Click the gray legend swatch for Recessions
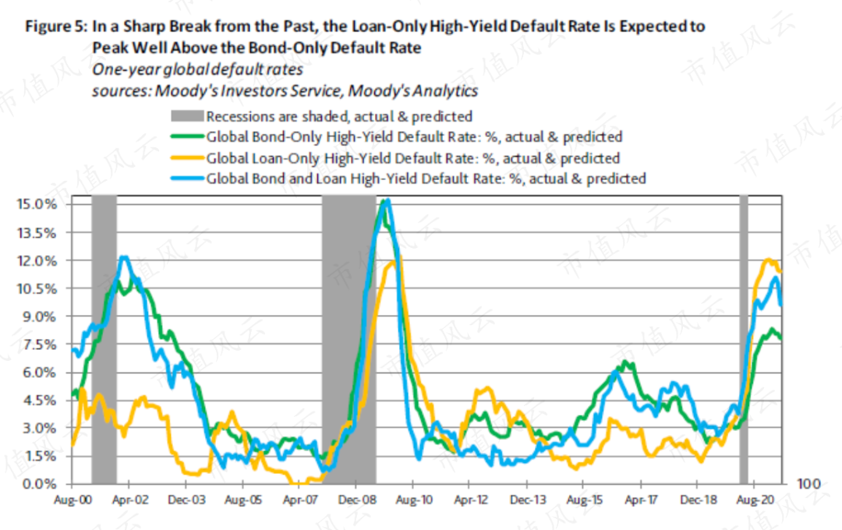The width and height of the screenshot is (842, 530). [186, 117]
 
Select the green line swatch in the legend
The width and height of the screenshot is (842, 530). [186, 137]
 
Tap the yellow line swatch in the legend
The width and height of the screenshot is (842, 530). [186, 158]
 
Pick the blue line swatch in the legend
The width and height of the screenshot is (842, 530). [186, 178]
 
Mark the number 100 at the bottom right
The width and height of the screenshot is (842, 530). [808, 484]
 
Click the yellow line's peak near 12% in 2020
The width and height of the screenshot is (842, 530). [769, 260]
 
